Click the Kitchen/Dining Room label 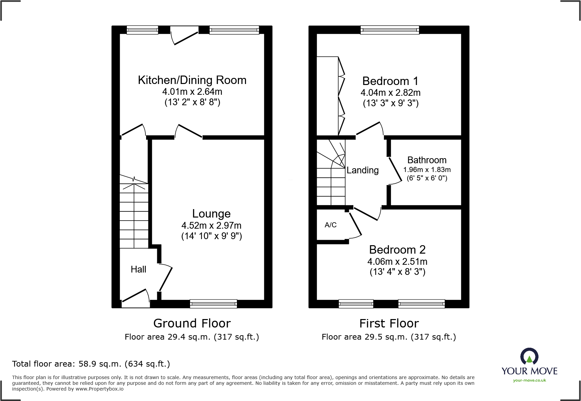(192, 80)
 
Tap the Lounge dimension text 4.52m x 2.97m (211, 225)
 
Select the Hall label (138, 269)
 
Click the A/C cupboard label (330, 225)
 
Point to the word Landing (362, 170)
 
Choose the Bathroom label (426, 160)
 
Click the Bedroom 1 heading (390, 81)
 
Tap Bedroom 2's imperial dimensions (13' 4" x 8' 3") (397, 272)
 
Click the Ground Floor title (192, 323)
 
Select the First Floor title (389, 323)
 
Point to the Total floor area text (91, 364)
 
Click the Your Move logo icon (529, 356)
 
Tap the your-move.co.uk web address (529, 380)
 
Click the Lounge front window (213, 304)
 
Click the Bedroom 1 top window (390, 30)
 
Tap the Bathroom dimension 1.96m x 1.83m (426, 170)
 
